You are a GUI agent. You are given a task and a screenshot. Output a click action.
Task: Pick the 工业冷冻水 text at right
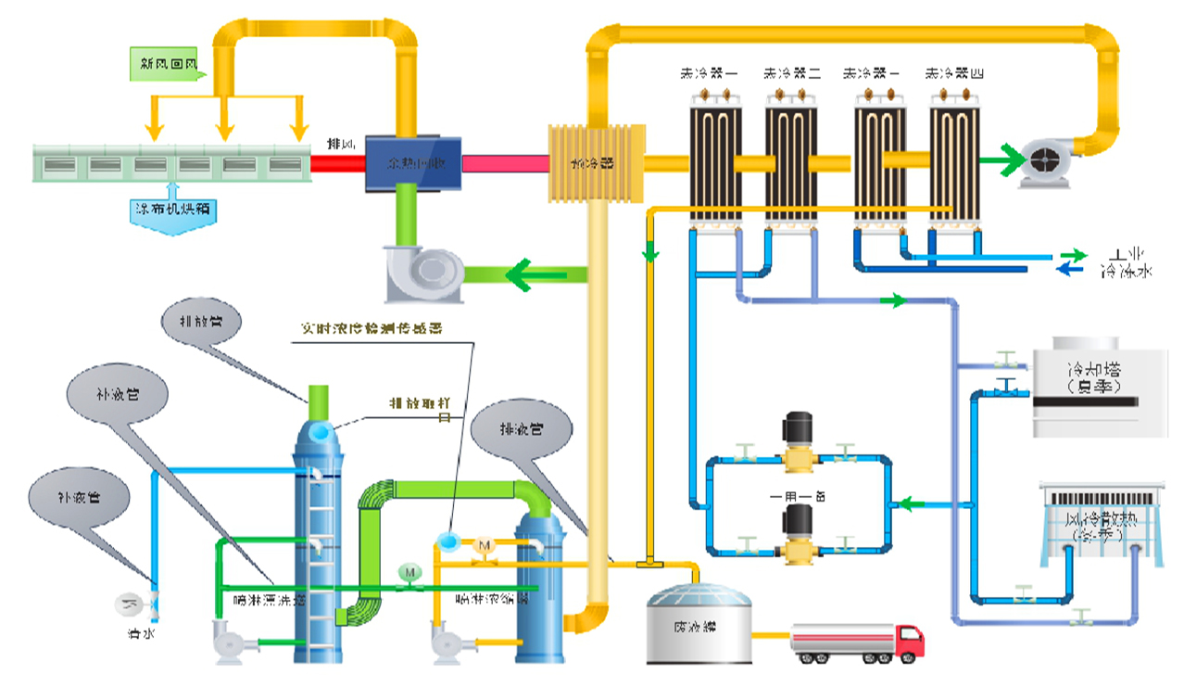pos(1127,263)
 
